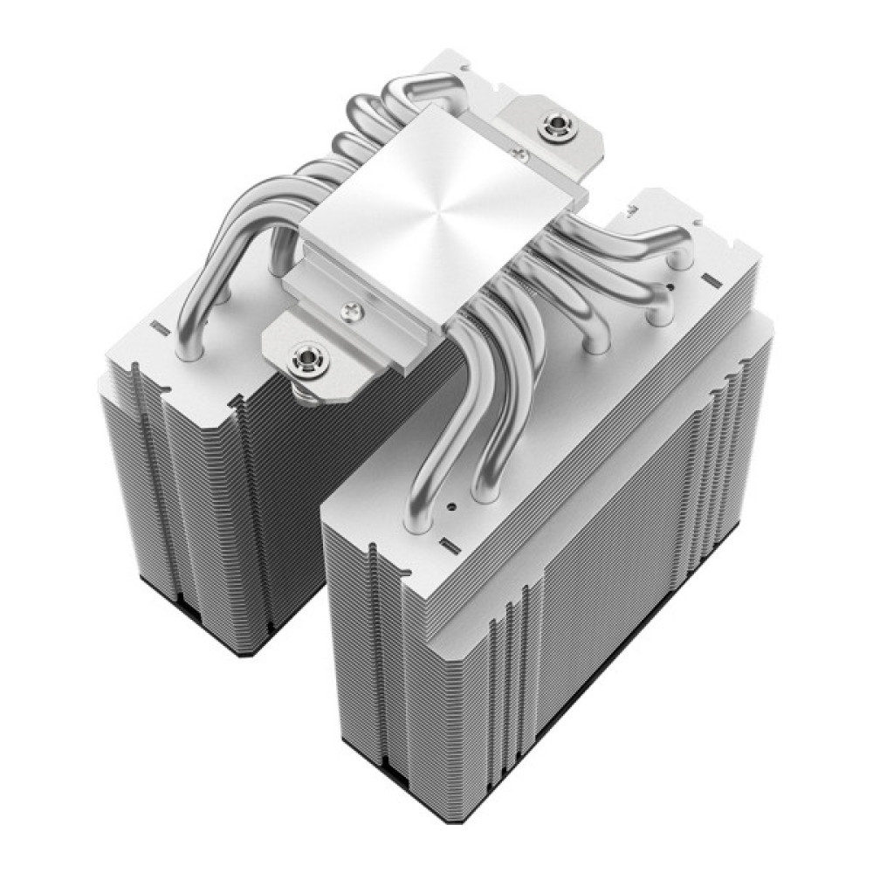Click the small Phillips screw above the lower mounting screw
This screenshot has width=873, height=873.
[353, 307]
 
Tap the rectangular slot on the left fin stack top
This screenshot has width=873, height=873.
[159, 329]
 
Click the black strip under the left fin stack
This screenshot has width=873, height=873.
[218, 642]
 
